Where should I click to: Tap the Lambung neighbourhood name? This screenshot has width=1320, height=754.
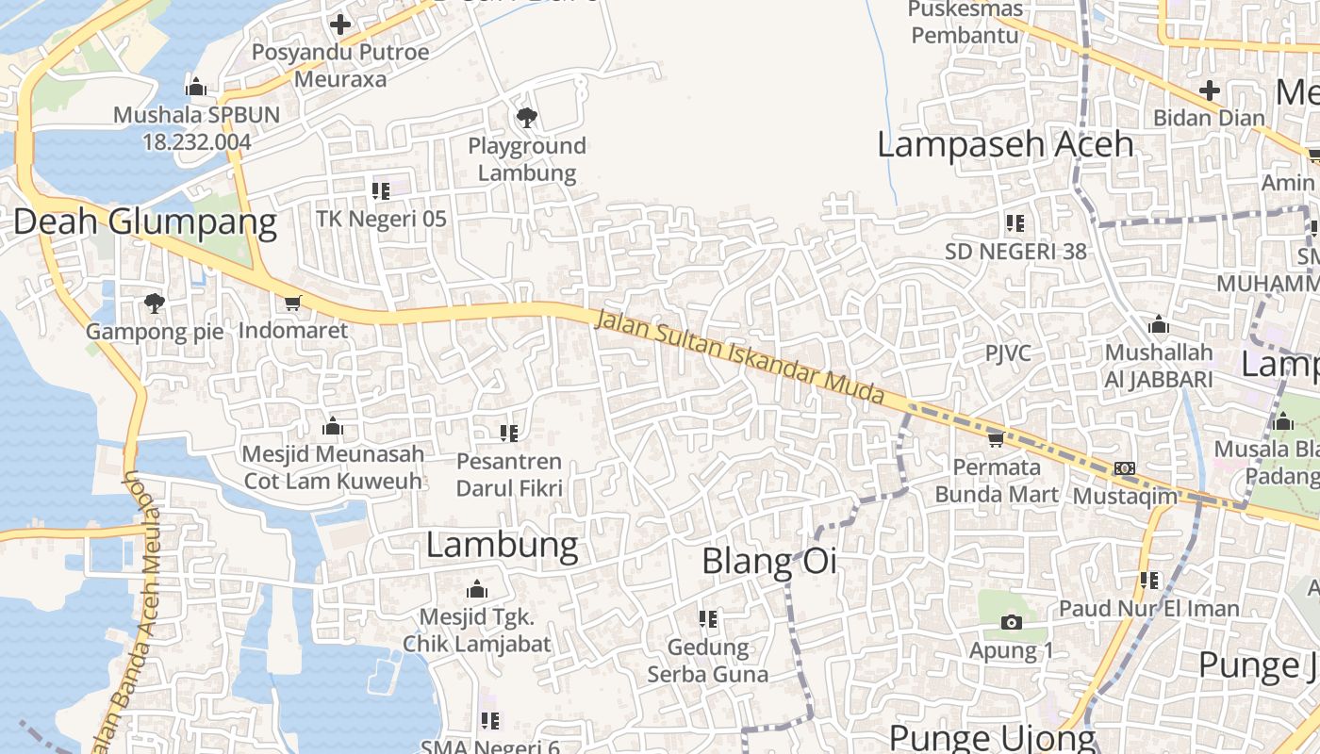(x=502, y=545)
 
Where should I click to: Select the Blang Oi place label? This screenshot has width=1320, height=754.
(x=769, y=562)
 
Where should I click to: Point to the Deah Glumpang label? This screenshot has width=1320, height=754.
(x=145, y=222)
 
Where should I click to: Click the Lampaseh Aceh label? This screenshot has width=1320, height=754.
(x=1005, y=144)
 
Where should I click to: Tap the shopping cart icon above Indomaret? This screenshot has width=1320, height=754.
(x=292, y=303)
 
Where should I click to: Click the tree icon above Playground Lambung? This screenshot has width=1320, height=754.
(x=527, y=118)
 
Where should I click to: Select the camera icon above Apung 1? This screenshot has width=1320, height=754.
(x=1011, y=622)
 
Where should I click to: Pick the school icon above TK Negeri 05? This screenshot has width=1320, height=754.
(x=381, y=191)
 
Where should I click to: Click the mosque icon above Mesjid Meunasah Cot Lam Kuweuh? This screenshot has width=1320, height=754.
(x=332, y=427)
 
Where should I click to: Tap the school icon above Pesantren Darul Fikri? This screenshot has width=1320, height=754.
(x=509, y=434)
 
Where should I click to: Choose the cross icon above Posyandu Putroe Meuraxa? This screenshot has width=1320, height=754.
(x=340, y=25)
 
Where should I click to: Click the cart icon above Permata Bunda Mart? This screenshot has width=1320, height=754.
(x=996, y=439)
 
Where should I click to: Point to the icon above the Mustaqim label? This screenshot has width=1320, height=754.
(x=1124, y=468)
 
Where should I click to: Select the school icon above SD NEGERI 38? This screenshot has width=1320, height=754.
(x=1015, y=223)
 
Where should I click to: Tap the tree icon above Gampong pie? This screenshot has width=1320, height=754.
(x=154, y=303)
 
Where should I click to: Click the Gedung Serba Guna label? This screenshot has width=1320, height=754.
(x=707, y=661)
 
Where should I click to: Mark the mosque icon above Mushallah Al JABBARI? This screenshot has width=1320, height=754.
(x=1159, y=325)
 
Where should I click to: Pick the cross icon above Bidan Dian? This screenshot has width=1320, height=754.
(x=1209, y=91)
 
